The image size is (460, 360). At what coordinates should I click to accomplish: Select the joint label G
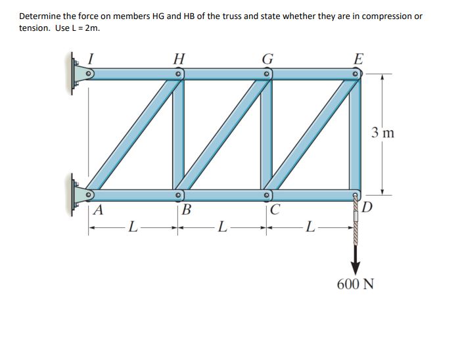pos(267,58)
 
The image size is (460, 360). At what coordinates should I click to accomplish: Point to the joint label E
pos(357,58)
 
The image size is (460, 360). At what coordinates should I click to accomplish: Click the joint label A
pos(99,210)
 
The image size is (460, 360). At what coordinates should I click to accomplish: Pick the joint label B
pos(187,211)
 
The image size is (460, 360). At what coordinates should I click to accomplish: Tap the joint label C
pos(276,211)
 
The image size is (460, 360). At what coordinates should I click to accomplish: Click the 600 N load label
pos(356,284)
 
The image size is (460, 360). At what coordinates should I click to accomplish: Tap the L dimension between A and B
pos(133,227)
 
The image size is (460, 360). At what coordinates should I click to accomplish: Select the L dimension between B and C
pos(223,227)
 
